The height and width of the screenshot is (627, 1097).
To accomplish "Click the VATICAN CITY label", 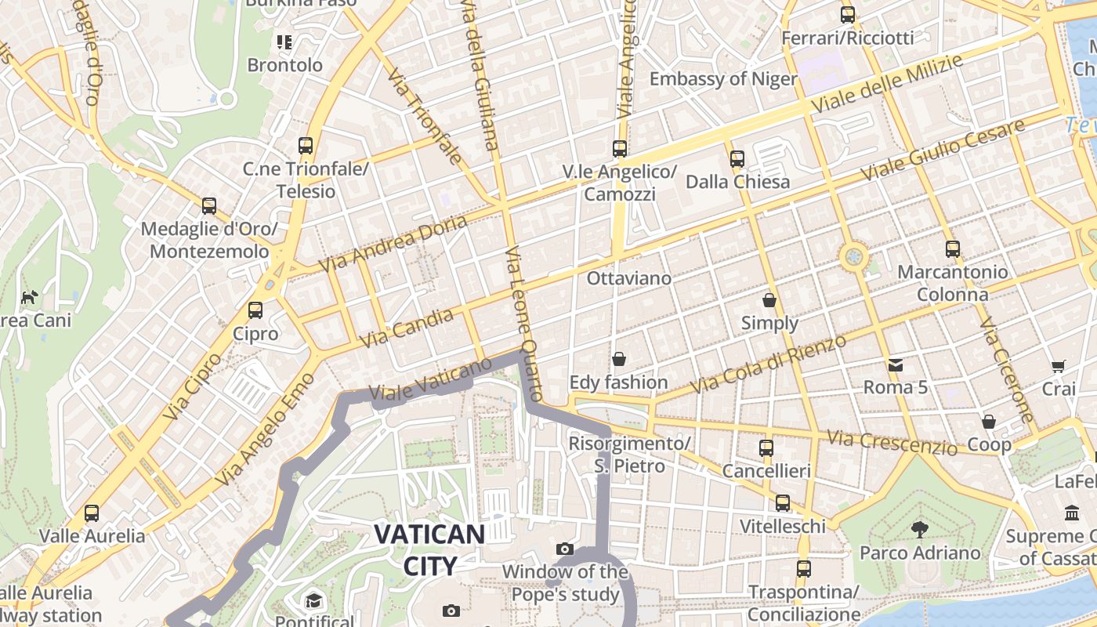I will click(x=429, y=549).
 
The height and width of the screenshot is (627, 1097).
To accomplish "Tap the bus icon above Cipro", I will click(x=255, y=310).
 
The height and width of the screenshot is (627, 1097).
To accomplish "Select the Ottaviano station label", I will click(x=629, y=278).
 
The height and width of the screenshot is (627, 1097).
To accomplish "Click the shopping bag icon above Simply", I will click(x=769, y=300).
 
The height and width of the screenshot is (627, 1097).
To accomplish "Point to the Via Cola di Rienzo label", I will click(x=768, y=364).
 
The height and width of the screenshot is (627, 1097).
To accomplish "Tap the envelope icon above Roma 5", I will click(x=895, y=364).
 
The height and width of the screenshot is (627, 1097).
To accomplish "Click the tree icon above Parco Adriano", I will click(x=920, y=530).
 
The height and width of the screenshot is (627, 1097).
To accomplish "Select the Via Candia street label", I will click(x=406, y=328).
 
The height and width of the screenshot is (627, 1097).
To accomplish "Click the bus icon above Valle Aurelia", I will click(x=92, y=513).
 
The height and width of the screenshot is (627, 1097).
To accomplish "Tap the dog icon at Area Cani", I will click(x=30, y=297).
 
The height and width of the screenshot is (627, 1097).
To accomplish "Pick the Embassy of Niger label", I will click(x=722, y=78).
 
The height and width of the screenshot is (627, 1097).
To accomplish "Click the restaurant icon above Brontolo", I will click(x=284, y=42).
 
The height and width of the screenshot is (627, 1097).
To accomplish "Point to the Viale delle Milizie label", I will click(x=886, y=84).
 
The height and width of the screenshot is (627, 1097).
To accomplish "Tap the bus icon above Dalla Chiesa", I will click(x=737, y=159).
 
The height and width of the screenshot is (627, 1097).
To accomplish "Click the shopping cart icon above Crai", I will click(x=1059, y=366).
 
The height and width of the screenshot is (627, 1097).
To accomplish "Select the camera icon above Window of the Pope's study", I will click(x=564, y=549).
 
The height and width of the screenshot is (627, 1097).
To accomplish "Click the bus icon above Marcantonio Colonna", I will click(x=952, y=249).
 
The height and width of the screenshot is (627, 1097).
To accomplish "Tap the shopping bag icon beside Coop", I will click(x=989, y=422).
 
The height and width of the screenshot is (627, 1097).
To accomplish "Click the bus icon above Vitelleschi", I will click(x=782, y=503).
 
